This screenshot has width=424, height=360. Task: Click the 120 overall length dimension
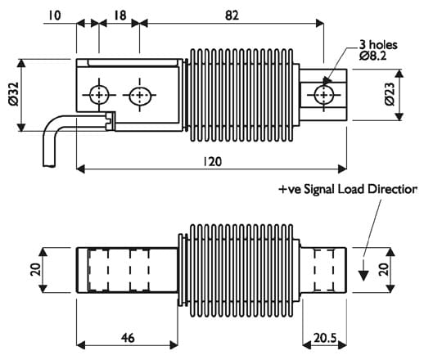[x=213, y=162]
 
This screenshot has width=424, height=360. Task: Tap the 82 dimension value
[x=232, y=16]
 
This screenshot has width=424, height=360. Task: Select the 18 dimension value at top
[x=120, y=16]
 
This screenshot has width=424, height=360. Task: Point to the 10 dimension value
[x=55, y=16]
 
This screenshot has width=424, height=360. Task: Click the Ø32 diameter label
[x=14, y=94]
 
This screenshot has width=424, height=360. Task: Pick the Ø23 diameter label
[x=390, y=94]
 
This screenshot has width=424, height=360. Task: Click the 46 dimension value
[x=128, y=338]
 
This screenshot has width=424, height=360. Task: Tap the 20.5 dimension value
[x=325, y=338]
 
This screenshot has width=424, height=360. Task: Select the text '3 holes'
[x=378, y=45]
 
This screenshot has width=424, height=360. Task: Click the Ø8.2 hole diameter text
[x=373, y=56]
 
